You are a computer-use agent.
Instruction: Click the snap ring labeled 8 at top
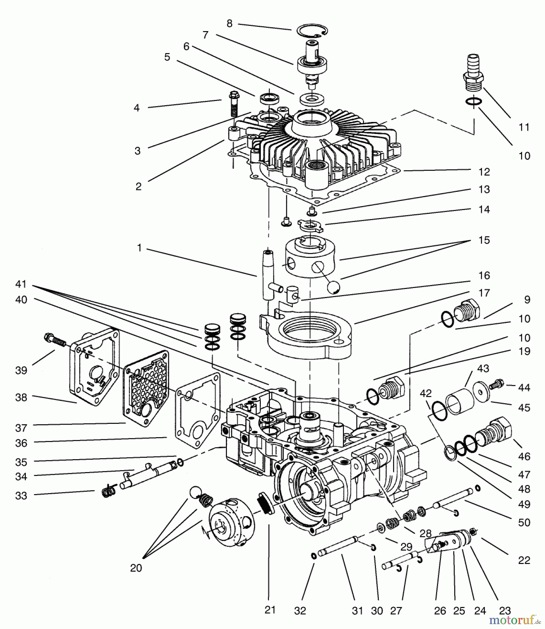click(x=312, y=31)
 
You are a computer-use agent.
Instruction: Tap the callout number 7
click(x=205, y=35)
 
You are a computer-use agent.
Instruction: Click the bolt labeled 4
click(x=233, y=104)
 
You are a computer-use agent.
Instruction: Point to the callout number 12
click(x=484, y=172)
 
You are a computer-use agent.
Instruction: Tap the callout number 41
click(x=21, y=284)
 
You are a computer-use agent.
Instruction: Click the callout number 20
click(x=136, y=568)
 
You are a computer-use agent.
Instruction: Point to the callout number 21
click(x=270, y=610)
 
